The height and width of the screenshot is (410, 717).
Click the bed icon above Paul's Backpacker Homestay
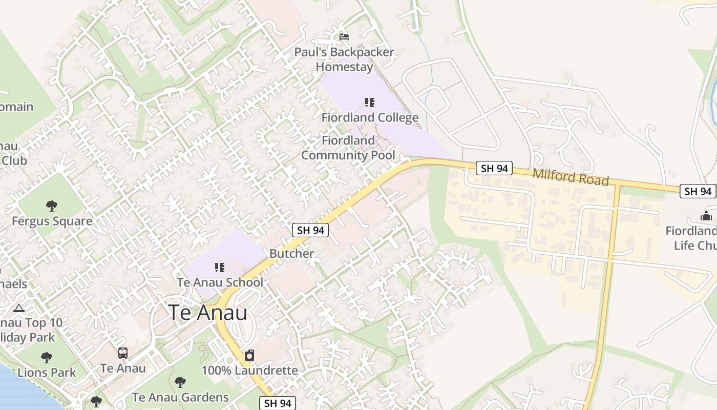(x=344, y=36)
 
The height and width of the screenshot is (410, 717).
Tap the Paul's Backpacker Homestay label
(x=344, y=59)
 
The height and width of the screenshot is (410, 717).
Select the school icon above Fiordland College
(x=370, y=102)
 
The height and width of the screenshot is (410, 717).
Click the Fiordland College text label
(x=370, y=118)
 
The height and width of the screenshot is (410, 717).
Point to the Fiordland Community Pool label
(x=348, y=148)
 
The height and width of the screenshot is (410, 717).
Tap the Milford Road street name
(x=571, y=177)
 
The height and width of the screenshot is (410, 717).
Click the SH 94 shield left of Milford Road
(x=494, y=168)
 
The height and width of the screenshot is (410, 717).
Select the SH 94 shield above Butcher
(x=310, y=230)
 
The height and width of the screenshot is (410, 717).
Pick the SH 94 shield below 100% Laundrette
(x=277, y=403)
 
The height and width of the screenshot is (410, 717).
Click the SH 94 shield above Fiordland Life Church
(x=698, y=191)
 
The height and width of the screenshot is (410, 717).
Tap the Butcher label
(x=291, y=254)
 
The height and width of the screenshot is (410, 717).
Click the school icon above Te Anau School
(x=220, y=267)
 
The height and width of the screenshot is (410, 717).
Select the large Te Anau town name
(x=208, y=313)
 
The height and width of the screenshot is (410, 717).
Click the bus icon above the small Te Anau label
(x=123, y=353)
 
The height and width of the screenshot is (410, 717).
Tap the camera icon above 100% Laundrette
(x=249, y=355)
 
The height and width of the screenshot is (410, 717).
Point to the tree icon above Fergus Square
(x=51, y=206)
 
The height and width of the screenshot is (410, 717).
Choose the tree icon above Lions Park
(x=47, y=357)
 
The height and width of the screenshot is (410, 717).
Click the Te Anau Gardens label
(x=180, y=397)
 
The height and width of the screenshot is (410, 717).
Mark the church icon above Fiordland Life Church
(x=706, y=216)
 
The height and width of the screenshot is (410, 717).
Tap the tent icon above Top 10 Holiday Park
(x=19, y=308)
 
